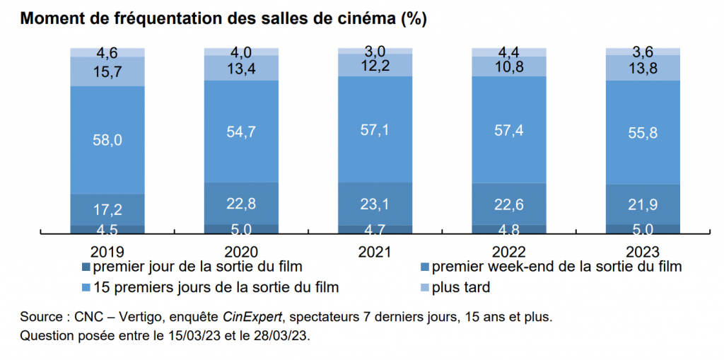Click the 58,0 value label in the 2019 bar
[107, 140]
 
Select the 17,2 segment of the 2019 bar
[107, 209]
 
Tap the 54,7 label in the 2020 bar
[241, 131]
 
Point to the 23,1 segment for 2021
[375, 204]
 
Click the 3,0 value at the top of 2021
[375, 52]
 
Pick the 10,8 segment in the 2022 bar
[508, 66]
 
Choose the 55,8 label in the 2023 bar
[642, 132]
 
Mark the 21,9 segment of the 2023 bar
[642, 204]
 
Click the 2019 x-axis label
[107, 251]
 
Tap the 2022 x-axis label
[508, 251]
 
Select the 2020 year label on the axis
[241, 251]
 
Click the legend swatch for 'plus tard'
[424, 288]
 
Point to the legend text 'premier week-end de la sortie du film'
[557, 267]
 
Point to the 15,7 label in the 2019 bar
[107, 71]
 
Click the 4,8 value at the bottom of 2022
[508, 228]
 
